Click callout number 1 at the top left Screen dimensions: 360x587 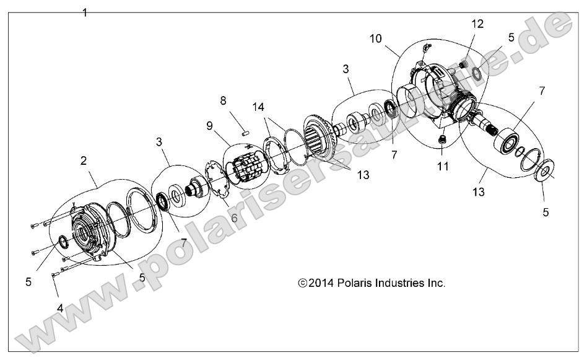tap(85, 12)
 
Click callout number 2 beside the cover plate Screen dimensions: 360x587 tap(83, 161)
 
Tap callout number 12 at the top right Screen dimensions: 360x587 tap(476, 24)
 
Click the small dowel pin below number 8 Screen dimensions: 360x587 tap(245, 131)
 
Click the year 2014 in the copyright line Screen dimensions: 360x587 tap(322, 283)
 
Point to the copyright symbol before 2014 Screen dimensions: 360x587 tap(303, 283)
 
